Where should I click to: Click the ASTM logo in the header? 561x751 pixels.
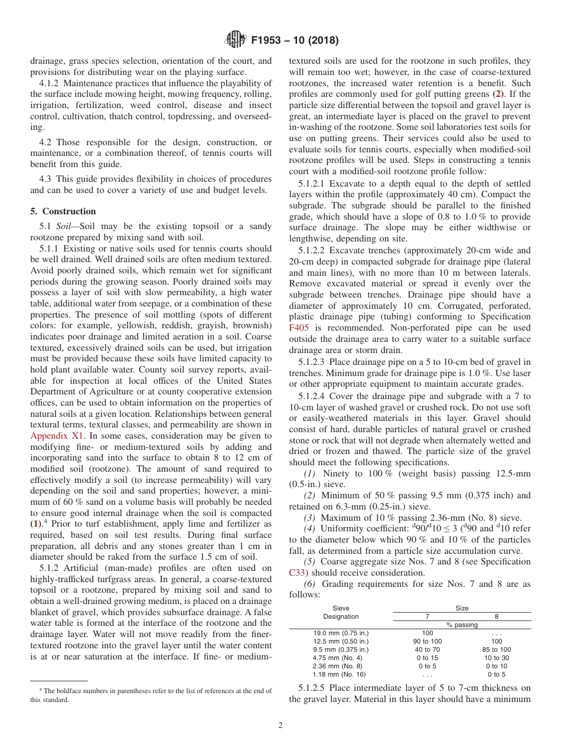tap(236, 41)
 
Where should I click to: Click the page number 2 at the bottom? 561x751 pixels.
tap(280, 726)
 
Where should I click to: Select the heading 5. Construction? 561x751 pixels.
tap(63, 211)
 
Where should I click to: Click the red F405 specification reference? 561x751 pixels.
tap(299, 327)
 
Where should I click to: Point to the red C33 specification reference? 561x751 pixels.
tap(298, 572)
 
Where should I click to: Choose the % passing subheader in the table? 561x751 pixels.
tap(462, 624)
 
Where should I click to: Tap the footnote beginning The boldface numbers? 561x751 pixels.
tap(151, 695)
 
